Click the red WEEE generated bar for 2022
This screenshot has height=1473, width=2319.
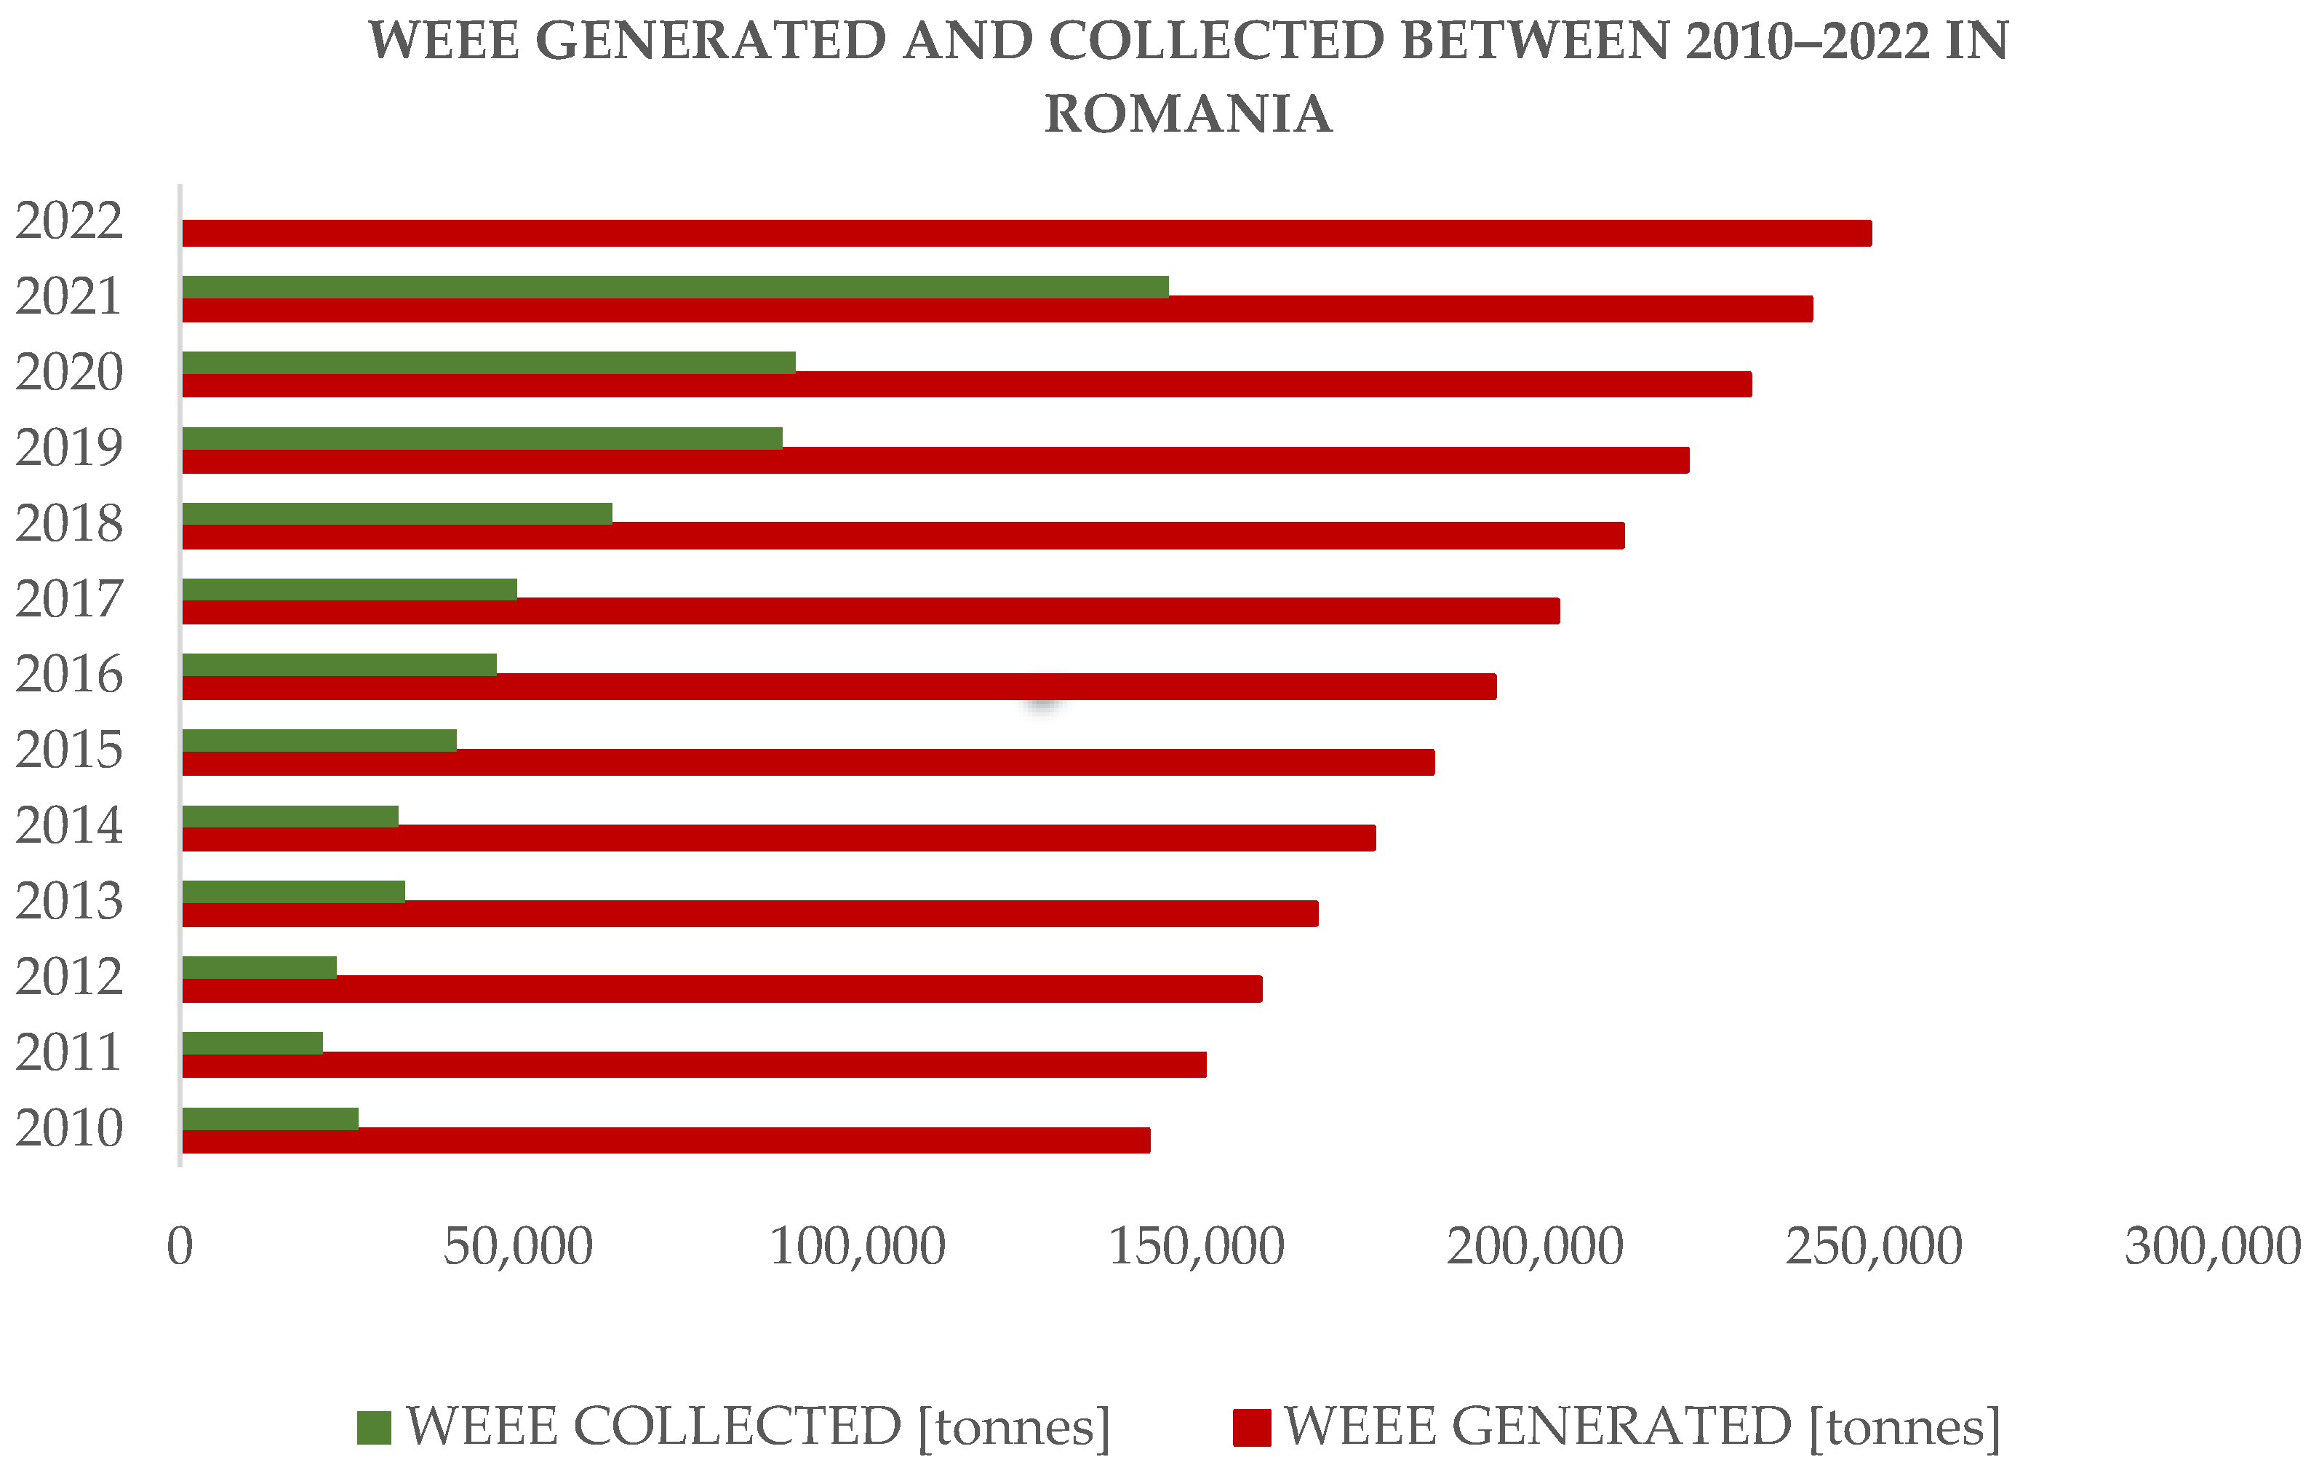[1026, 233]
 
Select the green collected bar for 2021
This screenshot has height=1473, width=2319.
[675, 287]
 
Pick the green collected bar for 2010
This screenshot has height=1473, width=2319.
[270, 1119]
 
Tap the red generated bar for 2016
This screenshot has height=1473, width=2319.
[839, 687]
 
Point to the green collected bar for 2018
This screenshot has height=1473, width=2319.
[396, 514]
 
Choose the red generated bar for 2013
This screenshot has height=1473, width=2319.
[750, 913]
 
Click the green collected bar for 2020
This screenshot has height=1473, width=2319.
[488, 362]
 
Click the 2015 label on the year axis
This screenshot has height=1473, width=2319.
[69, 750]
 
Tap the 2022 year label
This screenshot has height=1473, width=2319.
[69, 221]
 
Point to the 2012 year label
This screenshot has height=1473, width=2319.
[69, 977]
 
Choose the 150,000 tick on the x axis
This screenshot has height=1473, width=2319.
[1196, 1247]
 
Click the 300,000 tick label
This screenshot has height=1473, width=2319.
[2213, 1247]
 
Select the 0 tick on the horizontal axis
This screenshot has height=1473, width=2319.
[180, 1247]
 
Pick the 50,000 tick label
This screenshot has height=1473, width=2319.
[518, 1247]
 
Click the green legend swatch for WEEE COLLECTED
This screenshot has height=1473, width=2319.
[374, 1428]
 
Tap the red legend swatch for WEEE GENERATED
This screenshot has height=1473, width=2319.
[1251, 1428]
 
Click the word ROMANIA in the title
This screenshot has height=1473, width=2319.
[1189, 114]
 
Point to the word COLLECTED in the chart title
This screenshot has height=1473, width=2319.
[1216, 41]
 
